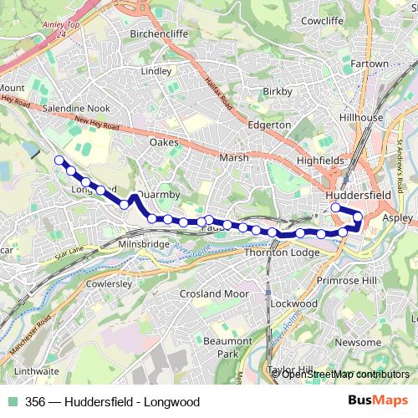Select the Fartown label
369,64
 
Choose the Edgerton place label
269,125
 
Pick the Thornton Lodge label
282,252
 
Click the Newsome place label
364,343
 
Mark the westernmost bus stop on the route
59,160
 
